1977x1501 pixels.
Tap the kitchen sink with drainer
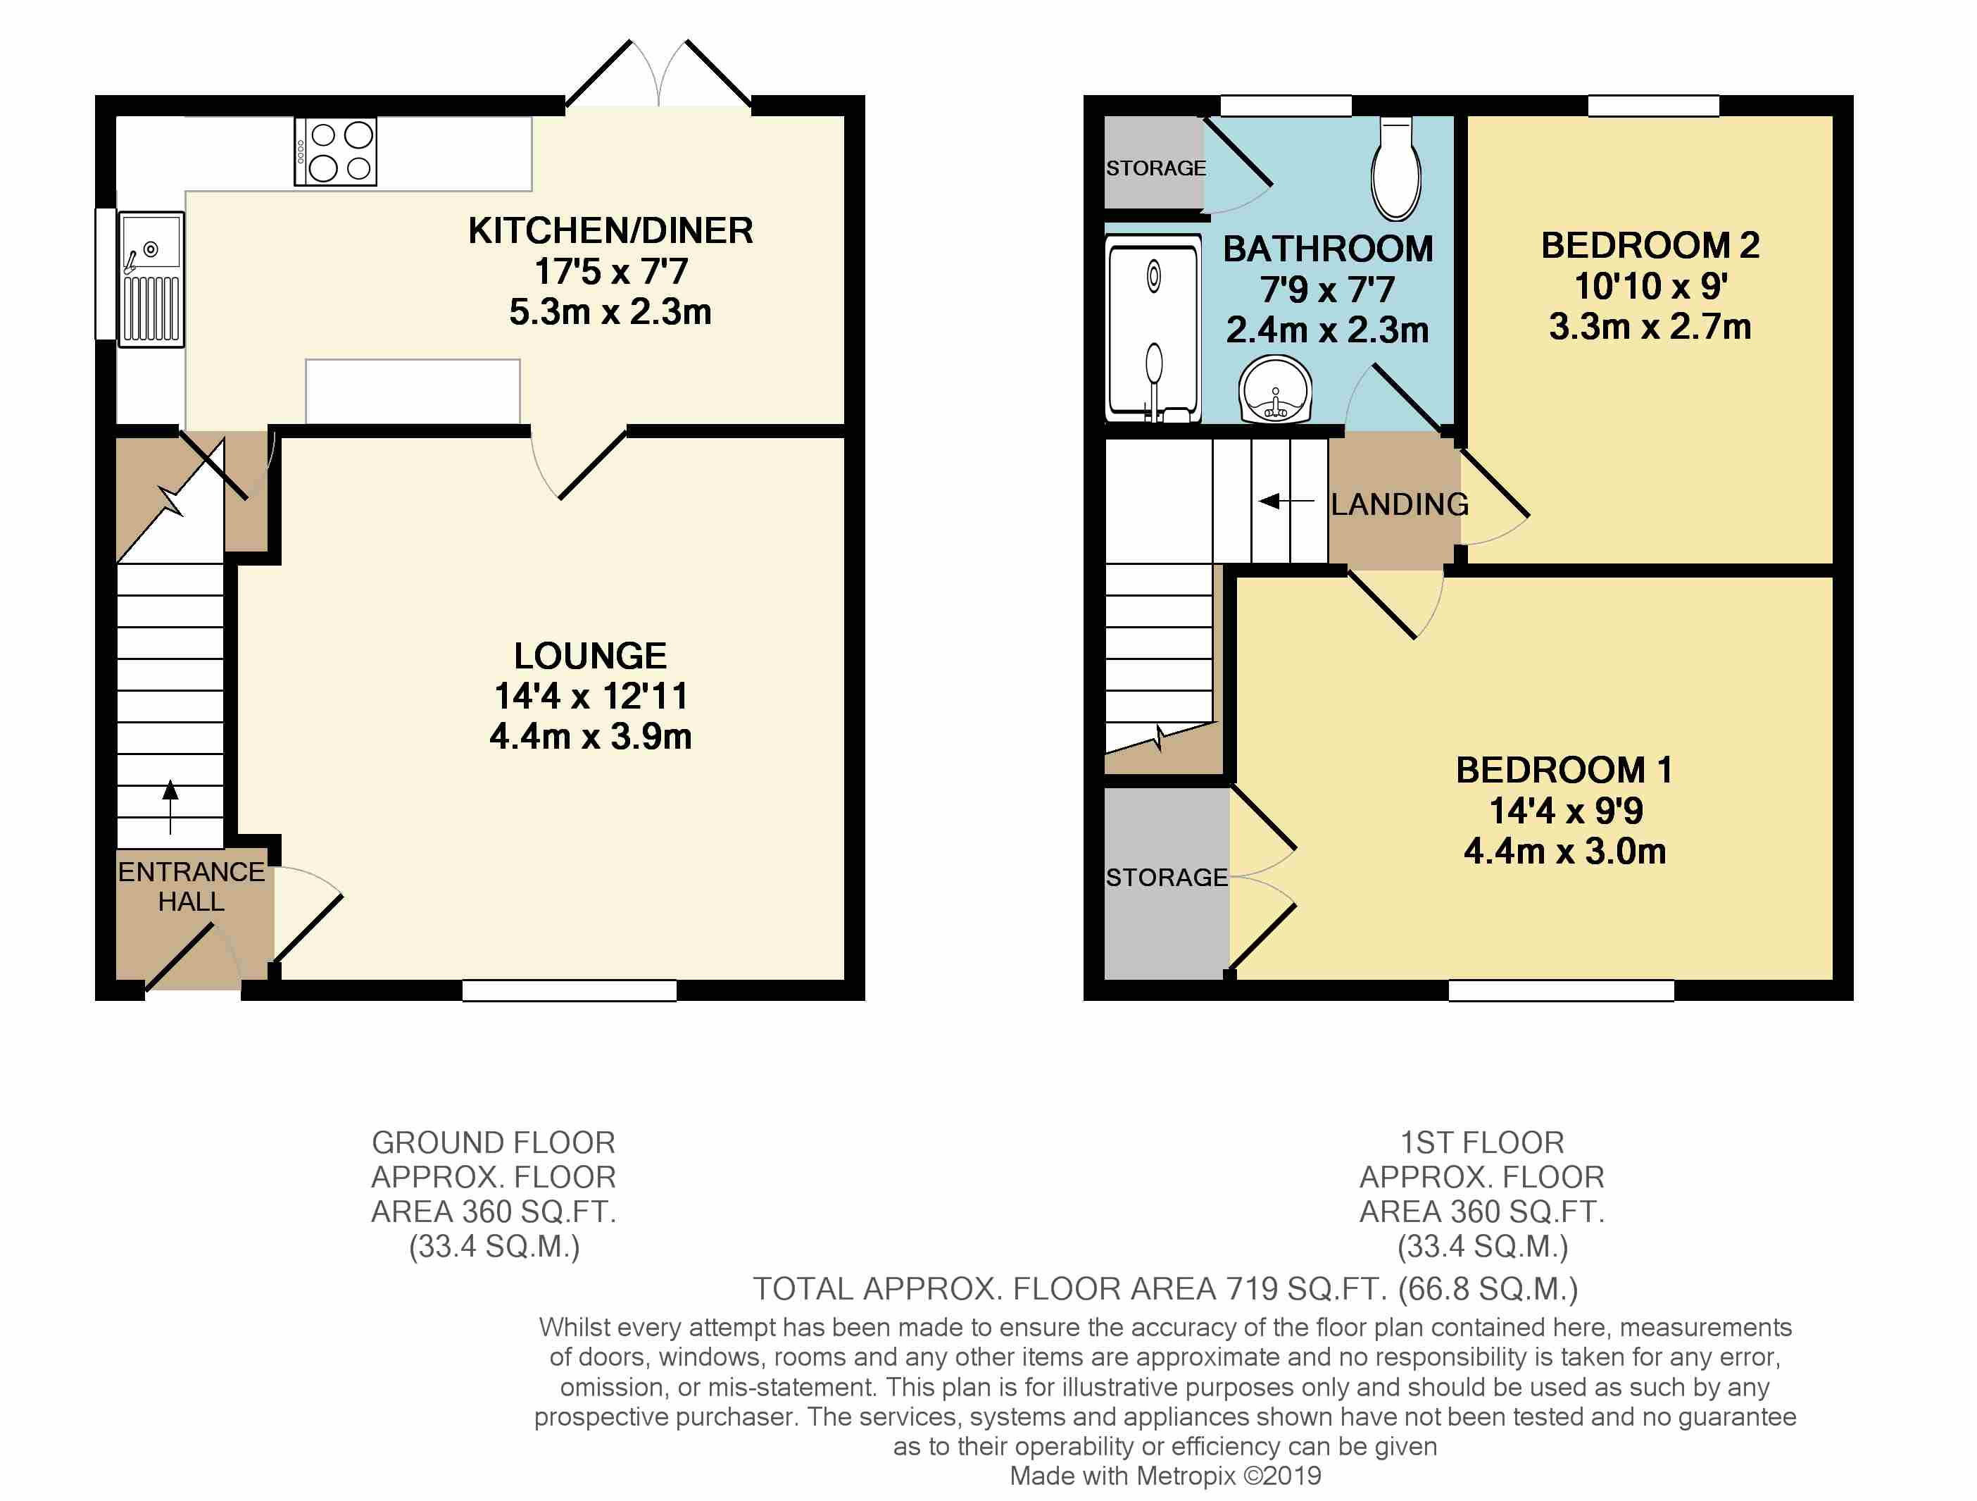click(151, 279)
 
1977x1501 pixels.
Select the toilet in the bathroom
click(1396, 169)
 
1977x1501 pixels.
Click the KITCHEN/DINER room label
click(610, 230)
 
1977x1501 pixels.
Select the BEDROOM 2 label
click(1650, 245)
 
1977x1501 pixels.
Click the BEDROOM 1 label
click(1564, 770)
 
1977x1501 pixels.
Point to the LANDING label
click(1400, 504)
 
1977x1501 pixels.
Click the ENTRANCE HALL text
click(192, 886)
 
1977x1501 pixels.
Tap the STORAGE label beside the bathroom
click(1155, 168)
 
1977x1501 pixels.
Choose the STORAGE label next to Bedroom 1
click(1167, 877)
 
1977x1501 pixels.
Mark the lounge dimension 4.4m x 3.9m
click(590, 737)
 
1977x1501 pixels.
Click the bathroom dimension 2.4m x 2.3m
click(1327, 330)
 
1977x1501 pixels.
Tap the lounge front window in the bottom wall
click(570, 990)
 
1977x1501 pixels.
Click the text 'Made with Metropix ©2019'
click(1165, 1476)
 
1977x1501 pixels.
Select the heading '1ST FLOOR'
click(1482, 1142)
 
